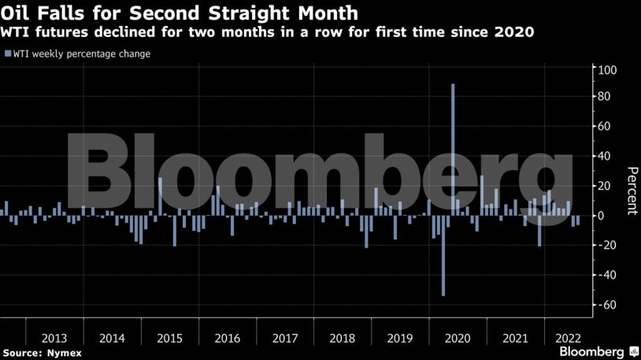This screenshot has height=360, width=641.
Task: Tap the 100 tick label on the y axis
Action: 606,71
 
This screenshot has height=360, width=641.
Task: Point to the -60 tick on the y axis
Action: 606,305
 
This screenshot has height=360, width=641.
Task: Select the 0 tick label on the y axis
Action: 602,216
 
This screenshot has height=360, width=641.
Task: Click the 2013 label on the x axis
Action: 54,338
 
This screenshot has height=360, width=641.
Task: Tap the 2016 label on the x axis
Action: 227,338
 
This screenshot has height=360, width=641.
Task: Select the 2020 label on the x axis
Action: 458,338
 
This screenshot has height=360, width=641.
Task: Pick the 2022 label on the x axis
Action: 569,338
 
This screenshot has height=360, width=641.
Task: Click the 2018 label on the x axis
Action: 343,338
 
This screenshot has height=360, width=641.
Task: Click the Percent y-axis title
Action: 632,191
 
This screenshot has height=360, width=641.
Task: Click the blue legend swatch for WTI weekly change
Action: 7,54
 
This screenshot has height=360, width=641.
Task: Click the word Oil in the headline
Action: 17,13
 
